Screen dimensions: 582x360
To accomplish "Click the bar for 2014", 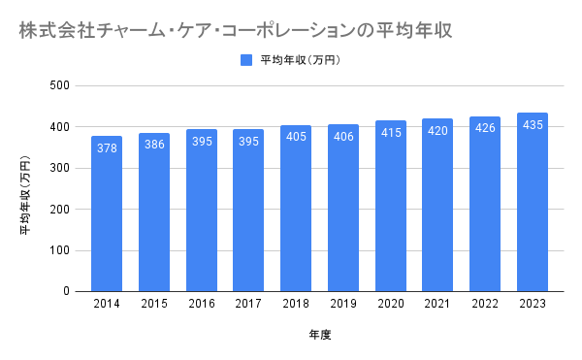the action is (x=107, y=213).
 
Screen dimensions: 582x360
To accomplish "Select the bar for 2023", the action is (x=533, y=202).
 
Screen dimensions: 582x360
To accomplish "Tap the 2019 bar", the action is (x=343, y=209).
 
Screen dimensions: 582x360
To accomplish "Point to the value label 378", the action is (x=107, y=148).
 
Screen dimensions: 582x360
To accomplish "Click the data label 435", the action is (x=533, y=125).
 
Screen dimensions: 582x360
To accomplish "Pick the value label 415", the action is (x=391, y=133).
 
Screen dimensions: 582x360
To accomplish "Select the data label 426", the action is (x=485, y=128).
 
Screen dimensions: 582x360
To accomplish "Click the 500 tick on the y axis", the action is (x=60, y=85).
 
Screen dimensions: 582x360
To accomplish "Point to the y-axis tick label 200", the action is (x=60, y=210).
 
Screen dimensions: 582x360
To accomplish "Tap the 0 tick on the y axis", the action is (x=66, y=291).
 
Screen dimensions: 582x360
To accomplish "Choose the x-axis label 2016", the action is (x=202, y=304).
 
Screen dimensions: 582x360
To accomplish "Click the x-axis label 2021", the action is (x=437, y=304).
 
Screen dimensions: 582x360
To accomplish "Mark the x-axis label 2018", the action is (x=296, y=304).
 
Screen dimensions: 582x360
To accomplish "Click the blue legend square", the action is (x=246, y=60).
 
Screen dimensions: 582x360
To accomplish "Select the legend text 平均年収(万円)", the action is (x=300, y=60).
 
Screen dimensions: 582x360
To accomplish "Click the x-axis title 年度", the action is (x=319, y=335).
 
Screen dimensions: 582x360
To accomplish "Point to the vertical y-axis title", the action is (x=25, y=195).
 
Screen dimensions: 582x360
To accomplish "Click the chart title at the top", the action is (x=236, y=30).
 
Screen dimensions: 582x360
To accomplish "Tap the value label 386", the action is (x=154, y=145).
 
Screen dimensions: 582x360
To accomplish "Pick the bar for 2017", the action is (x=248, y=211).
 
